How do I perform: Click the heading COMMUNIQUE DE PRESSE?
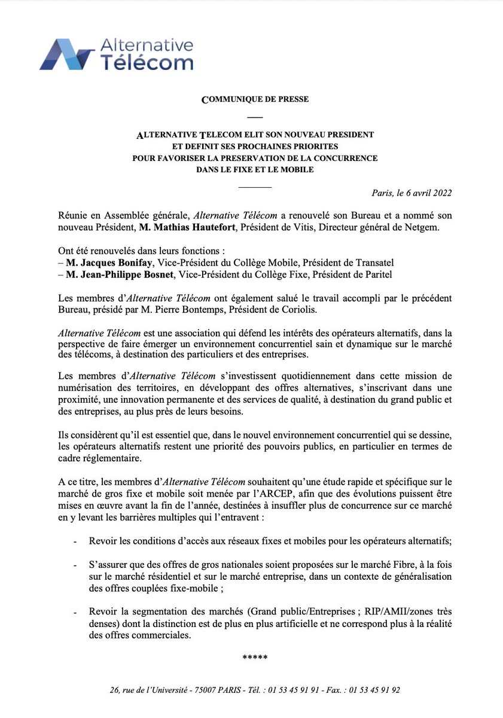click(255, 99)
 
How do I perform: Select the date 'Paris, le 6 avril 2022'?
click(411, 193)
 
